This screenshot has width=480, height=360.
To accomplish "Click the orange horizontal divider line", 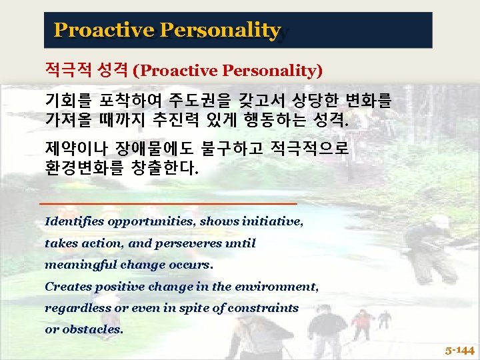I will coord(168,201).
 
